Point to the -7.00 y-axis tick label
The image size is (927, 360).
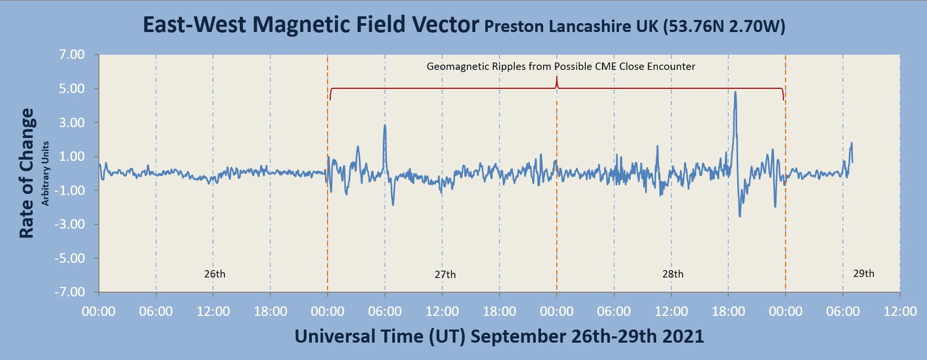click(70, 292)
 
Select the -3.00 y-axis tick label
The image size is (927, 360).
click(70, 224)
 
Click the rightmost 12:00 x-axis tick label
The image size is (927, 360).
click(900, 312)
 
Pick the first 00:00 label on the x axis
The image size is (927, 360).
click(99, 312)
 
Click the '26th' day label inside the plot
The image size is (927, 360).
click(215, 274)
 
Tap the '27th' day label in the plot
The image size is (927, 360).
click(445, 275)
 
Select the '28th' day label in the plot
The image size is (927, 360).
click(673, 274)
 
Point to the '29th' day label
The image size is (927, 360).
click(863, 274)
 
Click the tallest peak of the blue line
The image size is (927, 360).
click(735, 92)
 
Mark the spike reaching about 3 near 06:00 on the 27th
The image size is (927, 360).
click(385, 126)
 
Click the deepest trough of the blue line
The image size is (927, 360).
click(740, 216)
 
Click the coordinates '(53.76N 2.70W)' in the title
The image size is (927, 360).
click(724, 26)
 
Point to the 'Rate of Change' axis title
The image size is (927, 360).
click(26, 173)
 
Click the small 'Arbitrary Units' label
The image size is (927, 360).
click(46, 173)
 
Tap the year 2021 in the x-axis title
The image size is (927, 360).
click(684, 336)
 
